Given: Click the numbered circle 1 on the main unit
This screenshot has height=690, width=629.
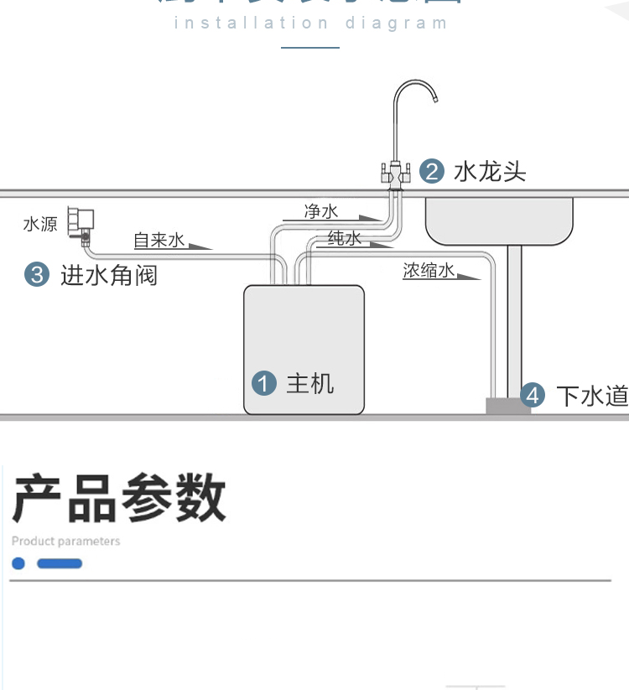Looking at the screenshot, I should (x=264, y=384).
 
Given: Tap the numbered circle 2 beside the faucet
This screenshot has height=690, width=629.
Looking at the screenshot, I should (x=431, y=172).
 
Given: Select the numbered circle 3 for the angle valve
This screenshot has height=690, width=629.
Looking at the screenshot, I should (x=36, y=274).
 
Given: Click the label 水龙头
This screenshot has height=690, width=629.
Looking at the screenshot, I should (x=490, y=172).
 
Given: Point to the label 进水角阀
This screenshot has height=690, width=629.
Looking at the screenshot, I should (x=109, y=275).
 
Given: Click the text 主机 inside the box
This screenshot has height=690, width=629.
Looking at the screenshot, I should (x=310, y=384).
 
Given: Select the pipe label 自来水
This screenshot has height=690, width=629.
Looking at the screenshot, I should (x=159, y=241).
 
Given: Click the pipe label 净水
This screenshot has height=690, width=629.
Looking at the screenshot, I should (x=321, y=211).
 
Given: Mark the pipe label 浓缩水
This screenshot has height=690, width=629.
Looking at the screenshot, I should (x=429, y=270).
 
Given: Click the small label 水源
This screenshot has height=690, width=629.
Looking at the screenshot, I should (x=40, y=224).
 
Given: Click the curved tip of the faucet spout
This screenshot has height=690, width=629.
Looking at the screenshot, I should (x=434, y=98).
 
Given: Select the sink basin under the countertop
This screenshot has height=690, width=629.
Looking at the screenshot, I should (x=500, y=220).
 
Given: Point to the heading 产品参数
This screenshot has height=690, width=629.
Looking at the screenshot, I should (x=119, y=497).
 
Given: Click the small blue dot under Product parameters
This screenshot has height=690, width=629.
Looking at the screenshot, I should (x=18, y=563).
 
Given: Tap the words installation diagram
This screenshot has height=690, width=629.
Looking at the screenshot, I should (x=310, y=23).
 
